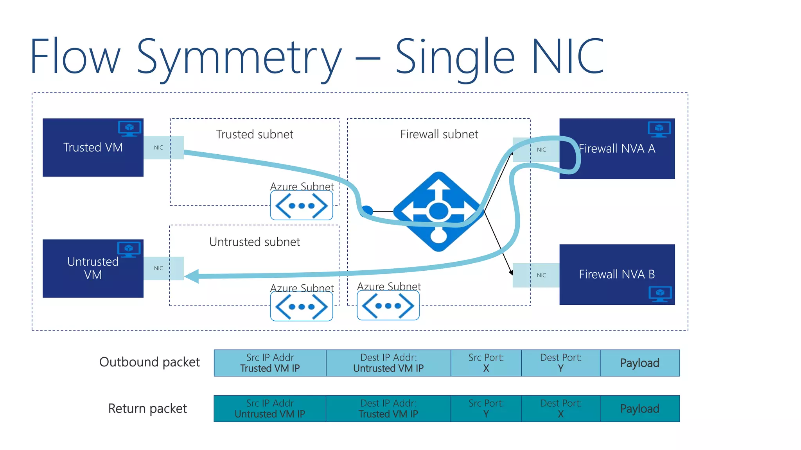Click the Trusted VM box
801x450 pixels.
click(x=93, y=148)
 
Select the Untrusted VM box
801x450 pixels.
click(x=93, y=268)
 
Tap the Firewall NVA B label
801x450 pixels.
click(x=617, y=274)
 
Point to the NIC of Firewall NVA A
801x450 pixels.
click(x=541, y=150)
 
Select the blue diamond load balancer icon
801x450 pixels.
click(x=438, y=212)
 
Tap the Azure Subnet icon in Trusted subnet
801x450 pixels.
click(x=302, y=205)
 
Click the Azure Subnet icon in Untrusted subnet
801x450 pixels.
click(x=302, y=307)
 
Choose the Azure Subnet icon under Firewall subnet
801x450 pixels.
click(x=388, y=306)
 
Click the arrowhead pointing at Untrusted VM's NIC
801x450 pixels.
click(x=192, y=276)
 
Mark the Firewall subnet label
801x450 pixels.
click(x=439, y=134)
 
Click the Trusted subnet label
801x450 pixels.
click(x=255, y=134)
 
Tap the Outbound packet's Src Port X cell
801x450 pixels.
click(x=486, y=363)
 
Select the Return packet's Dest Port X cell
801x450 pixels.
click(x=560, y=409)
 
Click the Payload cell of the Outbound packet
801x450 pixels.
click(x=639, y=363)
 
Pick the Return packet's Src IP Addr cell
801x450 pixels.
click(x=270, y=409)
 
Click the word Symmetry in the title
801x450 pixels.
click(x=239, y=57)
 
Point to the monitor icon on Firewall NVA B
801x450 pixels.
click(x=660, y=294)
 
